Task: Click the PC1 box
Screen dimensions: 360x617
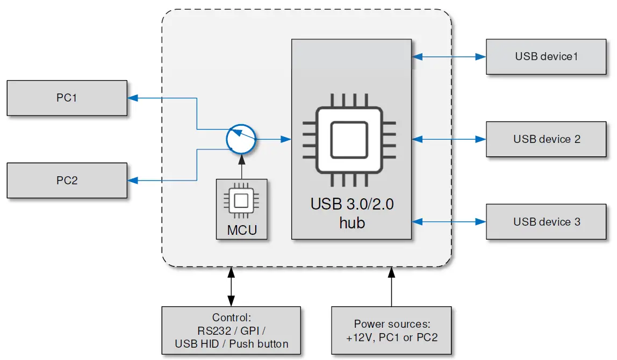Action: (67, 98)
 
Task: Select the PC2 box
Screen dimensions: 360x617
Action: (67, 181)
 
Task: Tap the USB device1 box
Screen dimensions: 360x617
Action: (546, 56)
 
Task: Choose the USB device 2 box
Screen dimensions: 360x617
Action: (546, 139)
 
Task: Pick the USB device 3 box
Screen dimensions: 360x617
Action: (546, 222)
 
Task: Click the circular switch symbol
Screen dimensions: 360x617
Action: (241, 140)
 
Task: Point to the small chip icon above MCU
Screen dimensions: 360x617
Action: (241, 201)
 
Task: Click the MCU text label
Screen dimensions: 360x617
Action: (241, 231)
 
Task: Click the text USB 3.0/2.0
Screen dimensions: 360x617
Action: (352, 205)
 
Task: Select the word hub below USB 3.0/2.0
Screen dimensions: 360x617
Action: (352, 222)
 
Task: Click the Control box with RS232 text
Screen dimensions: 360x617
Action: (231, 330)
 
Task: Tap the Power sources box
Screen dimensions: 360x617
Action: (391, 330)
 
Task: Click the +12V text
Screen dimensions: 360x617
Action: (362, 337)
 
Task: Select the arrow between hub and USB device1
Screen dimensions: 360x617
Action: (449, 56)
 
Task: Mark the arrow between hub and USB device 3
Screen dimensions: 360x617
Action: (449, 221)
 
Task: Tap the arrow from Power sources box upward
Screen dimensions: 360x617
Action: (391, 287)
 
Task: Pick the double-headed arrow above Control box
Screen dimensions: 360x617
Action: (231, 287)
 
